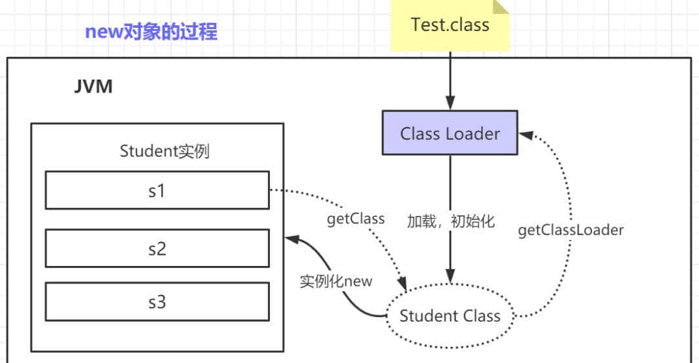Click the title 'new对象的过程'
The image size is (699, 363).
coord(151,31)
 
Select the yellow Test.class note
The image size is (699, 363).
coord(450,26)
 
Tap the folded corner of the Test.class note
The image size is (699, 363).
coord(501,7)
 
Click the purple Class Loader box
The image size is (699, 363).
coord(450,133)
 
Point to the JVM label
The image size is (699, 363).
coord(93,87)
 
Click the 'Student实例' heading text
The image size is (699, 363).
coord(164,151)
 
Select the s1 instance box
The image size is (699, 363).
coord(157,190)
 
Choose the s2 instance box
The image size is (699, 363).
coord(157,248)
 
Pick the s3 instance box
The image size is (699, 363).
coord(157,302)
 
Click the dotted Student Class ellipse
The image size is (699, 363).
coord(450,316)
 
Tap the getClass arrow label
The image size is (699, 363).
coord(355,219)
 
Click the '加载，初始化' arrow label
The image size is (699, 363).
coord(450,221)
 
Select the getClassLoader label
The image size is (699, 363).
coord(570,230)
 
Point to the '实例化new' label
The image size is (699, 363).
coord(336,281)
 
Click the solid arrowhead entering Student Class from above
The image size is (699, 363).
coord(450,278)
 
